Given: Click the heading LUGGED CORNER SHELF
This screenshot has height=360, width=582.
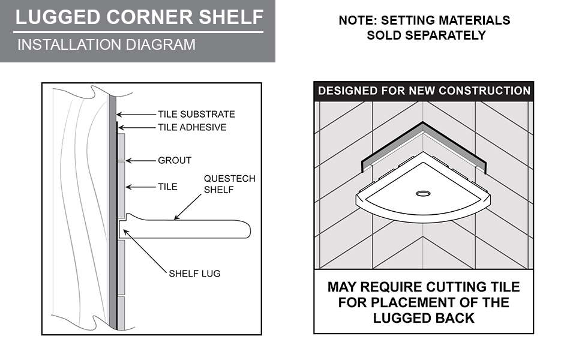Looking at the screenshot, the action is click(139, 17).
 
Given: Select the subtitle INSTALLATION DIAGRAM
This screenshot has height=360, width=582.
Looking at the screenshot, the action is click(106, 44).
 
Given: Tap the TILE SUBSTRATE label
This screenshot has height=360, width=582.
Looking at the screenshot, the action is click(196, 114).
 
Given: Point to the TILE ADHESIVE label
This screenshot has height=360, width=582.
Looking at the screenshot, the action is click(192, 127).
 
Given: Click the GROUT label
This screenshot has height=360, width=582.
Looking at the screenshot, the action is click(175, 160).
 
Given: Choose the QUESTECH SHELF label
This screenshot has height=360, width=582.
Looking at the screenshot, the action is click(229, 184).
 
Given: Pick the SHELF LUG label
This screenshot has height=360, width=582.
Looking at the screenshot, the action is click(194, 274).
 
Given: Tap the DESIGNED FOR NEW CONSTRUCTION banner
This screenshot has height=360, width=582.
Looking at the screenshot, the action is click(424, 91).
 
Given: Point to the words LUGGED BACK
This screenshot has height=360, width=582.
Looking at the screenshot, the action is click(424, 318).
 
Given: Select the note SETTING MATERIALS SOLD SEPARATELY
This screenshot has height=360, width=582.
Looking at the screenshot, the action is click(424, 28).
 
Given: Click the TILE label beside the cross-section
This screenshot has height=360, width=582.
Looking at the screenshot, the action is click(167, 187).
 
